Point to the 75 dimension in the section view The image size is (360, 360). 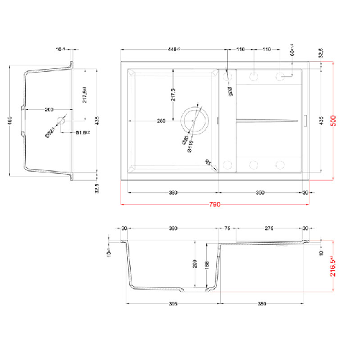(x=226, y=229)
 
